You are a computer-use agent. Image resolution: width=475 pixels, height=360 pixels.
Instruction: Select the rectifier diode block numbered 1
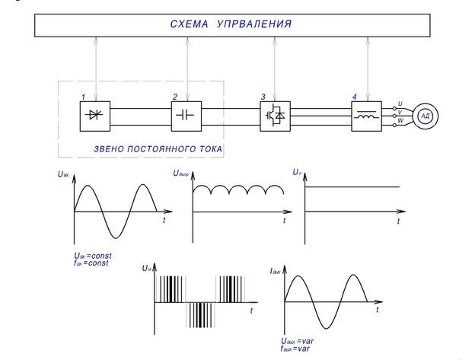click(x=95, y=115)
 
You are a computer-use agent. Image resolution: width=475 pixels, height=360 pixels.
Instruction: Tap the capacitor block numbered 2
click(x=186, y=115)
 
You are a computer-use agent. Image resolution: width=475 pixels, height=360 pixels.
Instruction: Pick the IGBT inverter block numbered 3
click(x=274, y=115)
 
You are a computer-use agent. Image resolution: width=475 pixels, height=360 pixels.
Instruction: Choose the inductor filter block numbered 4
click(x=365, y=115)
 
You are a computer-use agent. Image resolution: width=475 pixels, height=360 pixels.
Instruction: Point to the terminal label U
click(x=400, y=103)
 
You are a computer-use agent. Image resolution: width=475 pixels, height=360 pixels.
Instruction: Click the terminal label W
click(x=400, y=120)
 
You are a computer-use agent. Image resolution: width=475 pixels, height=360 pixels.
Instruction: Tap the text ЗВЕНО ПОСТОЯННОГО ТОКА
click(x=158, y=149)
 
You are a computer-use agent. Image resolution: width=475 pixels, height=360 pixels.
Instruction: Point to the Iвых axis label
click(x=276, y=270)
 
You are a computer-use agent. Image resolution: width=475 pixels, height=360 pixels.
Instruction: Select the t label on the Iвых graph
click(x=377, y=310)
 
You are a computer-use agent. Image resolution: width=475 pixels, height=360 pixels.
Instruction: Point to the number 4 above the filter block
click(x=354, y=97)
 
